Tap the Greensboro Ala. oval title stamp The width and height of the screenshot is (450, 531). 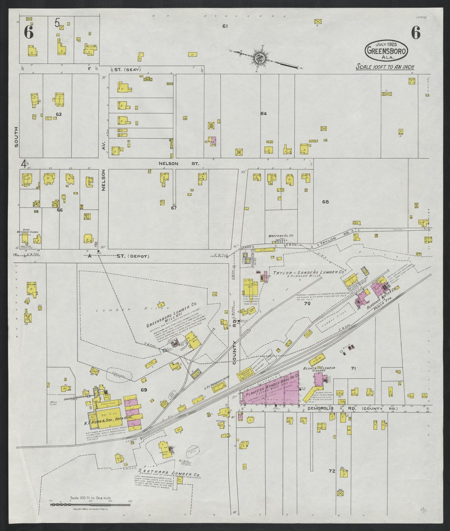point(386,50)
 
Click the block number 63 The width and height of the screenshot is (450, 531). point(59,114)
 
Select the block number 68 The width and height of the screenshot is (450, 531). point(325,202)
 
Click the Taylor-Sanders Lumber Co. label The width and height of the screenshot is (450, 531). point(308,272)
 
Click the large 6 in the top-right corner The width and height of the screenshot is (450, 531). point(415,33)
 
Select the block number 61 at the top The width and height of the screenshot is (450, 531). point(225,26)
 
